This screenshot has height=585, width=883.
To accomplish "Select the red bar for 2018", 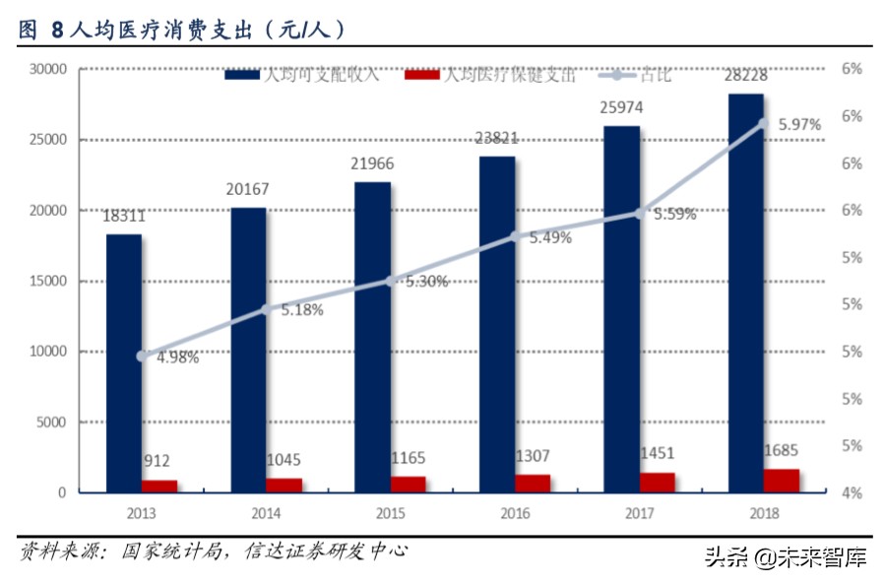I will point(782,480).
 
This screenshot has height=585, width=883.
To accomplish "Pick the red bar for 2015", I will point(409,484).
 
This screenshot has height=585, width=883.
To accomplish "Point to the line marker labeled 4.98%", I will point(143,356).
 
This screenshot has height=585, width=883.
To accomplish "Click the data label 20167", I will point(248,189).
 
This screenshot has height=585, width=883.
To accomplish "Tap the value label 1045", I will point(284,460).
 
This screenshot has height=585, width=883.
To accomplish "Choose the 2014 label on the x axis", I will point(266,513).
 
